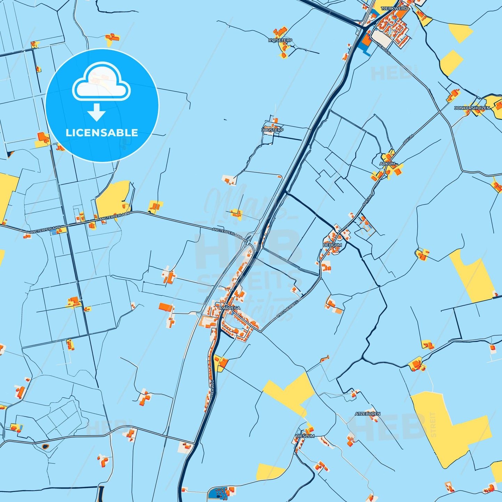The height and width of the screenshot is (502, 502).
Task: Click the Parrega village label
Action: (x=230, y=308)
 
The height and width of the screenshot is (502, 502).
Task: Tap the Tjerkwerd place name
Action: (x=394, y=8)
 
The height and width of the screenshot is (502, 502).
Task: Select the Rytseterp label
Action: (x=280, y=41)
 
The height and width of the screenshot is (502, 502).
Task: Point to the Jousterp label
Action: (x=272, y=130)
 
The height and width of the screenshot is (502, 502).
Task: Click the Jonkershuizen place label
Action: (x=472, y=108)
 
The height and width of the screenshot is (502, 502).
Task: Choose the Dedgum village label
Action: (x=332, y=245)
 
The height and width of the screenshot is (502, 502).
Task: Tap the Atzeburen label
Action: (x=368, y=414)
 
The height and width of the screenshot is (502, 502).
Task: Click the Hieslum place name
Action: (x=305, y=436)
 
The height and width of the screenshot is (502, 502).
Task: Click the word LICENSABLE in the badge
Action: (x=102, y=133)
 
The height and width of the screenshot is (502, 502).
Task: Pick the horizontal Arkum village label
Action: (x=387, y=164)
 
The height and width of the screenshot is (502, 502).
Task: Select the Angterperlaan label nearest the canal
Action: (x=227, y=233)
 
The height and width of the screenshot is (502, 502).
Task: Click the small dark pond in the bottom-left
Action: (x=45, y=446)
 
